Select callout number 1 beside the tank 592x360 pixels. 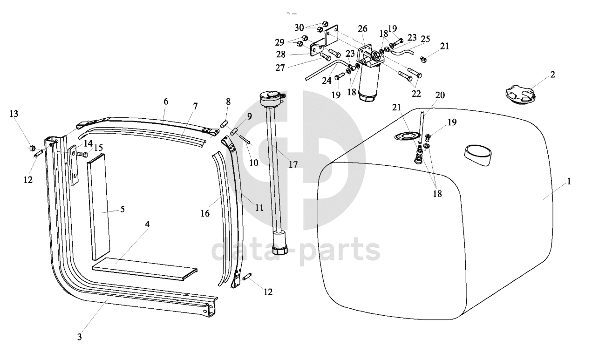click(569, 181)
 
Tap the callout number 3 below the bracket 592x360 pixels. click(80, 337)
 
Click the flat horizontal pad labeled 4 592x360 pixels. click(145, 269)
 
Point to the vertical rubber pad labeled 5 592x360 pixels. click(99, 207)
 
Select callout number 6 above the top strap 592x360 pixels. click(166, 101)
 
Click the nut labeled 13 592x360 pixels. click(32, 148)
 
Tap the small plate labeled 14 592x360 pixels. click(74, 165)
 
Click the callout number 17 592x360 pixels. click(293, 165)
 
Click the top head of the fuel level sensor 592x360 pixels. click(272, 98)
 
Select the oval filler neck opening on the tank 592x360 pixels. click(478, 156)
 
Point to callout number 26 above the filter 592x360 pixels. click(362, 28)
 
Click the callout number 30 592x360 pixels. click(299, 27)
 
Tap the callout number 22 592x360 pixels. click(416, 94)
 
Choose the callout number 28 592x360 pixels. click(281, 54)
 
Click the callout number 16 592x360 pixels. click(205, 213)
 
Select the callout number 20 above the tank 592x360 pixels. click(440, 95)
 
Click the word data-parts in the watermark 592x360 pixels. click(295, 250)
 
